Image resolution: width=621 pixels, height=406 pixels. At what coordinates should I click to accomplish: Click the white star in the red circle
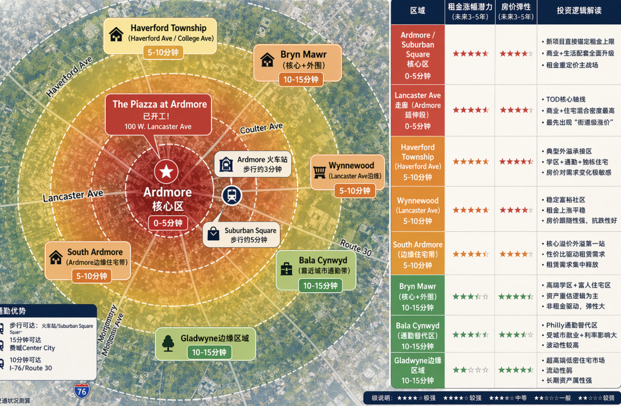tap(166, 171)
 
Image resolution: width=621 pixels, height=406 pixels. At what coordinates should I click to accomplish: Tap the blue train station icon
tap(232, 195)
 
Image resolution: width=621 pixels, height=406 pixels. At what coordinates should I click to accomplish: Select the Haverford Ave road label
tap(69, 76)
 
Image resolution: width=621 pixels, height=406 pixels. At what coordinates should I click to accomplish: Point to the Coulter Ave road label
tap(261, 128)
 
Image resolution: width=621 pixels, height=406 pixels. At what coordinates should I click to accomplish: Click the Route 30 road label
tap(356, 247)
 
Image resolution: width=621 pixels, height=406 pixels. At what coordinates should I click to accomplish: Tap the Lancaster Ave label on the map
tap(73, 196)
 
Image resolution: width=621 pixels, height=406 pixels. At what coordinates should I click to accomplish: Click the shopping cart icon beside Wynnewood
tap(319, 171)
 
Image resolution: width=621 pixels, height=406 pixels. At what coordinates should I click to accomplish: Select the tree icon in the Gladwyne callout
tap(168, 343)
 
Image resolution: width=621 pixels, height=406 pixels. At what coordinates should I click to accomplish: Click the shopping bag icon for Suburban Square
tap(213, 234)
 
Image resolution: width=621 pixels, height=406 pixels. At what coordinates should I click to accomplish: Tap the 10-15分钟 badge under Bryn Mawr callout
tap(301, 80)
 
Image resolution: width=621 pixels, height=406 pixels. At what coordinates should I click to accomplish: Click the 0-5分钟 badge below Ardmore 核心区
tap(168, 223)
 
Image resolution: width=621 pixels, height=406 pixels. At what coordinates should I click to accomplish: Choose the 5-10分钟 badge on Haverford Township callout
tap(163, 52)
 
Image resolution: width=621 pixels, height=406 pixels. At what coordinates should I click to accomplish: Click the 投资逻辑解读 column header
tap(579, 11)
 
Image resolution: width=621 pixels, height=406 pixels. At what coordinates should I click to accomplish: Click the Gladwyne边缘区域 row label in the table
tap(417, 370)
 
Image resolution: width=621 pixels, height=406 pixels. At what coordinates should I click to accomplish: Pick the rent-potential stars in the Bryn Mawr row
tap(470, 297)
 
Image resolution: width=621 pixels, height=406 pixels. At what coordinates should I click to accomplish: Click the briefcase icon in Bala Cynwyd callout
tap(286, 269)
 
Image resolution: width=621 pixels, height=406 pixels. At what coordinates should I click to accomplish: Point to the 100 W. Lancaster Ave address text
tap(158, 126)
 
